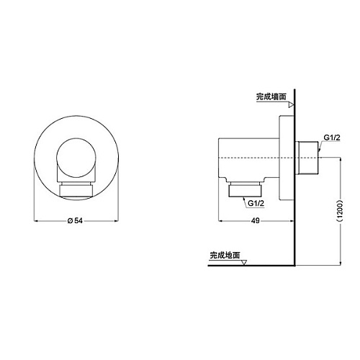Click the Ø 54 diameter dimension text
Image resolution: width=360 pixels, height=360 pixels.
point(75,220)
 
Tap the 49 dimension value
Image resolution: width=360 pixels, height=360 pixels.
point(255,220)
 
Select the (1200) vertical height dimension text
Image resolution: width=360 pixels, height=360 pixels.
point(341,210)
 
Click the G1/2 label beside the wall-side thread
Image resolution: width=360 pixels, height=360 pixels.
point(332,138)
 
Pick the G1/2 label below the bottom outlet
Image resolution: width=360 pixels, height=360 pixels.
point(256,203)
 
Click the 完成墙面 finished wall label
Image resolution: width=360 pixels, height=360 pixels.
point(271,96)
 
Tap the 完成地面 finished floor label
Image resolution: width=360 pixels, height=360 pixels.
point(225,255)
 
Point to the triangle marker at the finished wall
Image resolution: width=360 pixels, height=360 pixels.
point(291,105)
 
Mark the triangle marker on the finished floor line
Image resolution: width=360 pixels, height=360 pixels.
point(244,263)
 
